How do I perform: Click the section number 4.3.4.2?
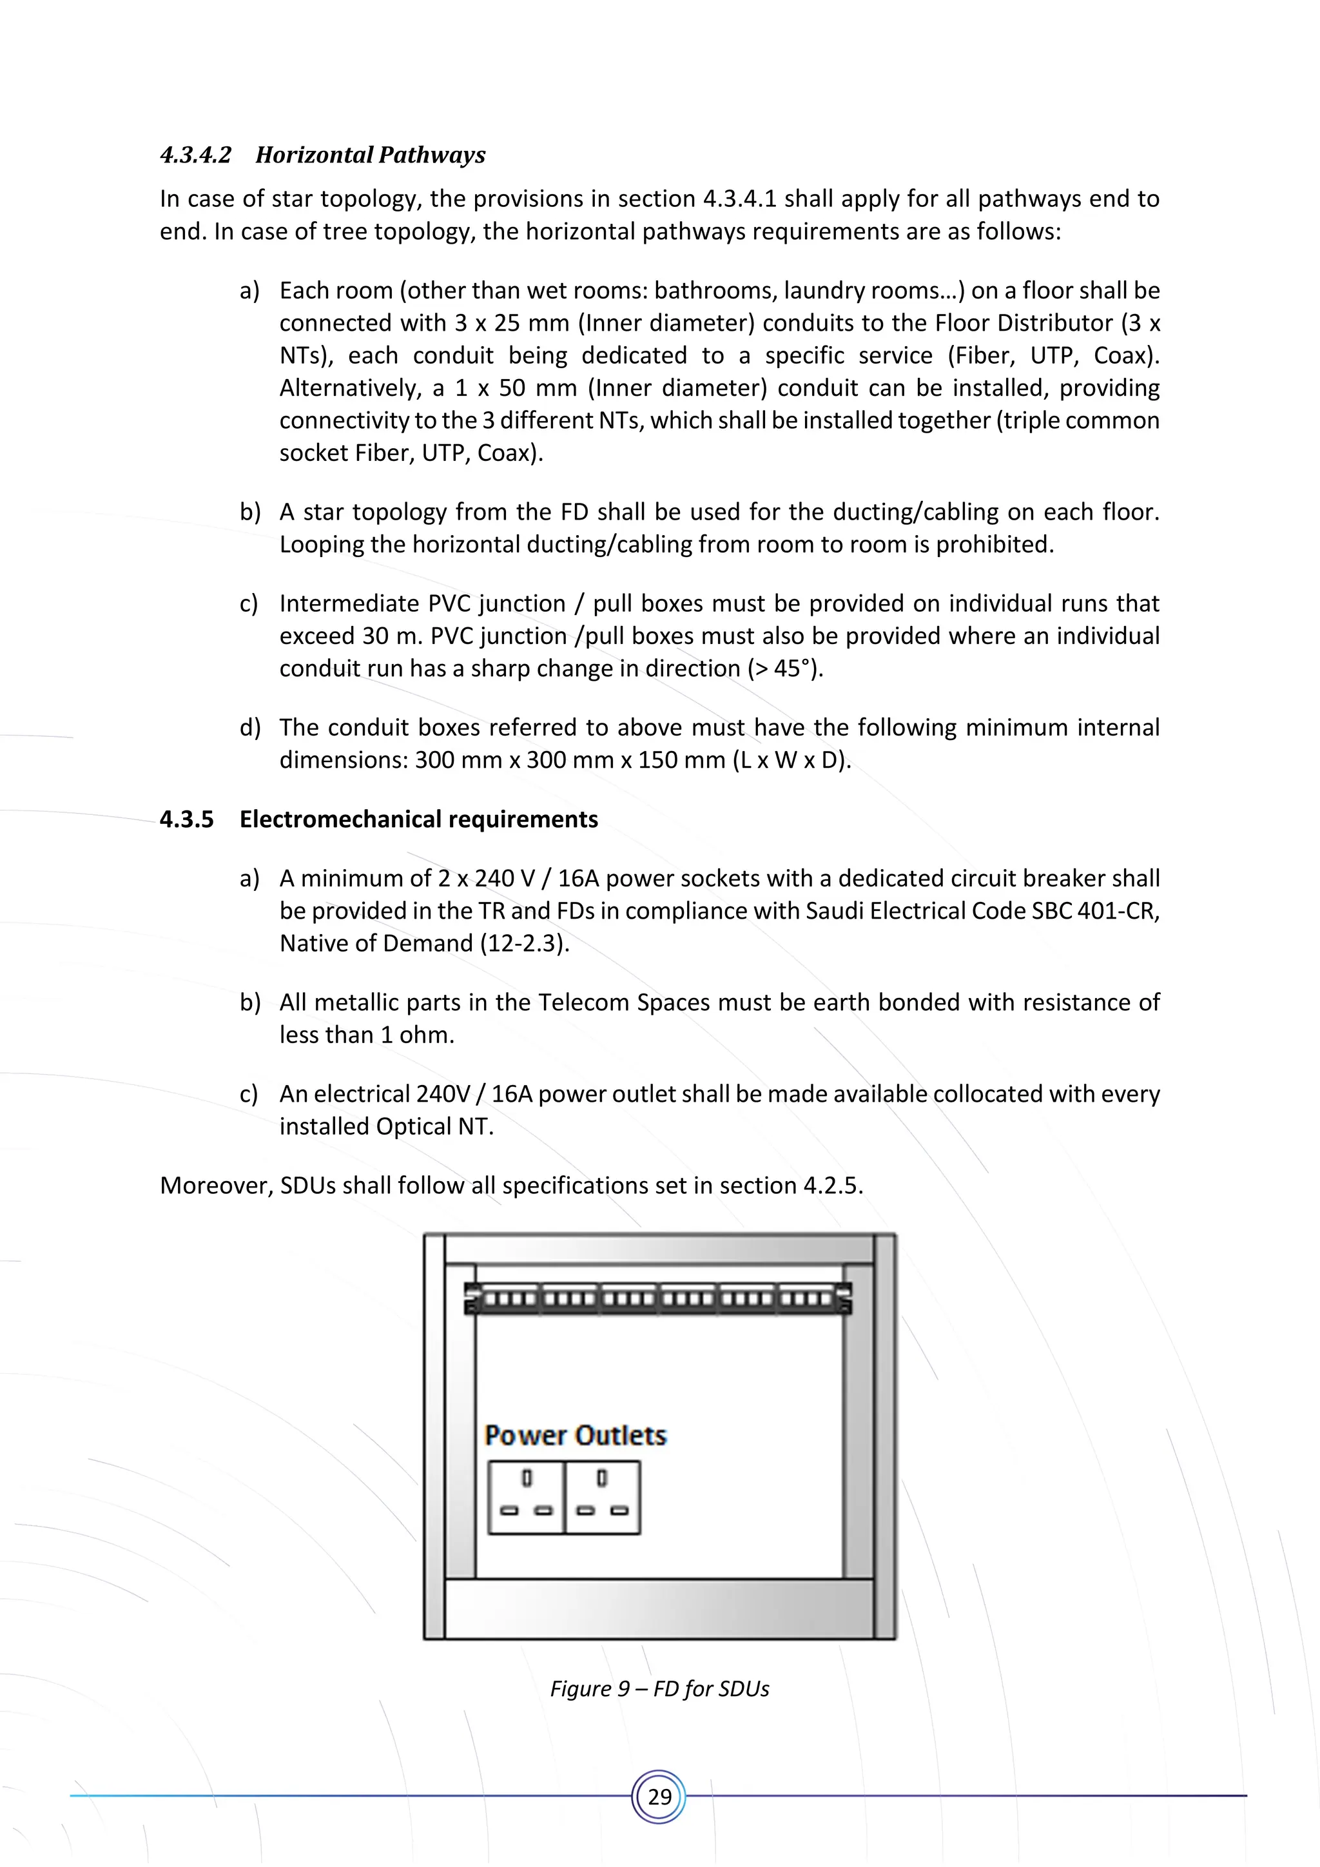(196, 155)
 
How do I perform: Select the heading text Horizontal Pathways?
(370, 155)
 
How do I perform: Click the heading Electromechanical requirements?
(418, 819)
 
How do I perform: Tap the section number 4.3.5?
(186, 819)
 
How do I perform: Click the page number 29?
(659, 1796)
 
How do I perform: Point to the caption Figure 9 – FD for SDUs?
(659, 1689)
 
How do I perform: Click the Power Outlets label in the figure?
(576, 1436)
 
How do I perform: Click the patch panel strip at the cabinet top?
(658, 1298)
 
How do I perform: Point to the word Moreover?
(215, 1186)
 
